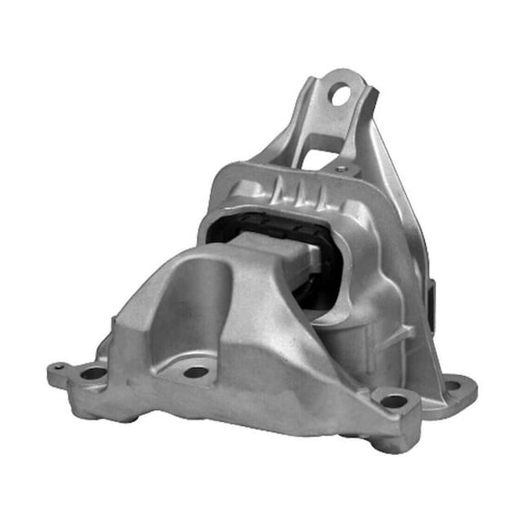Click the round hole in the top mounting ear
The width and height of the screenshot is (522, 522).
point(340,92)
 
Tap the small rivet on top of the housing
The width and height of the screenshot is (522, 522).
point(340,169)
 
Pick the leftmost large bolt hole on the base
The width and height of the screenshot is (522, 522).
point(94,372)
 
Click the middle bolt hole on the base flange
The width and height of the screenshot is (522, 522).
point(197,372)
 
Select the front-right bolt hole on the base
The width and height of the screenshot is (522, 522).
point(393,400)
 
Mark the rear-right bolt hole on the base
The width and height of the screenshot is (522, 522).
point(452,385)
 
